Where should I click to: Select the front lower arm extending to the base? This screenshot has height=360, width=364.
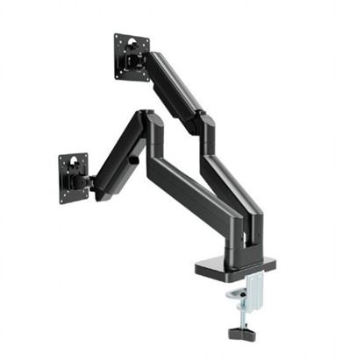pyautogui.click(x=189, y=193)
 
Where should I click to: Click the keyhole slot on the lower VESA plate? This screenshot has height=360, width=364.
pyautogui.click(x=74, y=180)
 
